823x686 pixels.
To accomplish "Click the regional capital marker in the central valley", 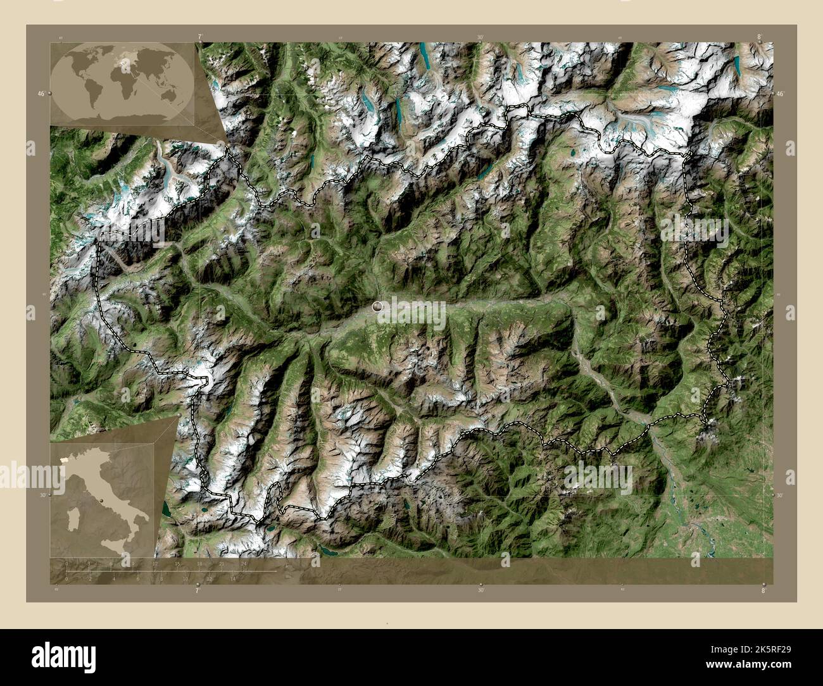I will pos(378,307).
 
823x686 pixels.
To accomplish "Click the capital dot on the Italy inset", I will pos(101,499).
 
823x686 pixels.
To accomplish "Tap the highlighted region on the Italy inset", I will pos(64,455).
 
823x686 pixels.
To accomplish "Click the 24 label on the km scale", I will pos(244,564).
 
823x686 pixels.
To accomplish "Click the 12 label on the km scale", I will pos(155,564).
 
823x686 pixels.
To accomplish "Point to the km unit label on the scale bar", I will pos(289,566).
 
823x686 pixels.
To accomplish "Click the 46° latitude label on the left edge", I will pos(41,94).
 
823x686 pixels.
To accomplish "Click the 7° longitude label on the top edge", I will pos(200,37).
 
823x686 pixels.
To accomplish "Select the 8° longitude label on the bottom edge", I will pos(763,590).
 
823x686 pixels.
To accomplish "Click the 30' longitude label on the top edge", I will pos(481,37).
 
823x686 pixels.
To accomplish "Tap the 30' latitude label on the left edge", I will pos(41,496).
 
